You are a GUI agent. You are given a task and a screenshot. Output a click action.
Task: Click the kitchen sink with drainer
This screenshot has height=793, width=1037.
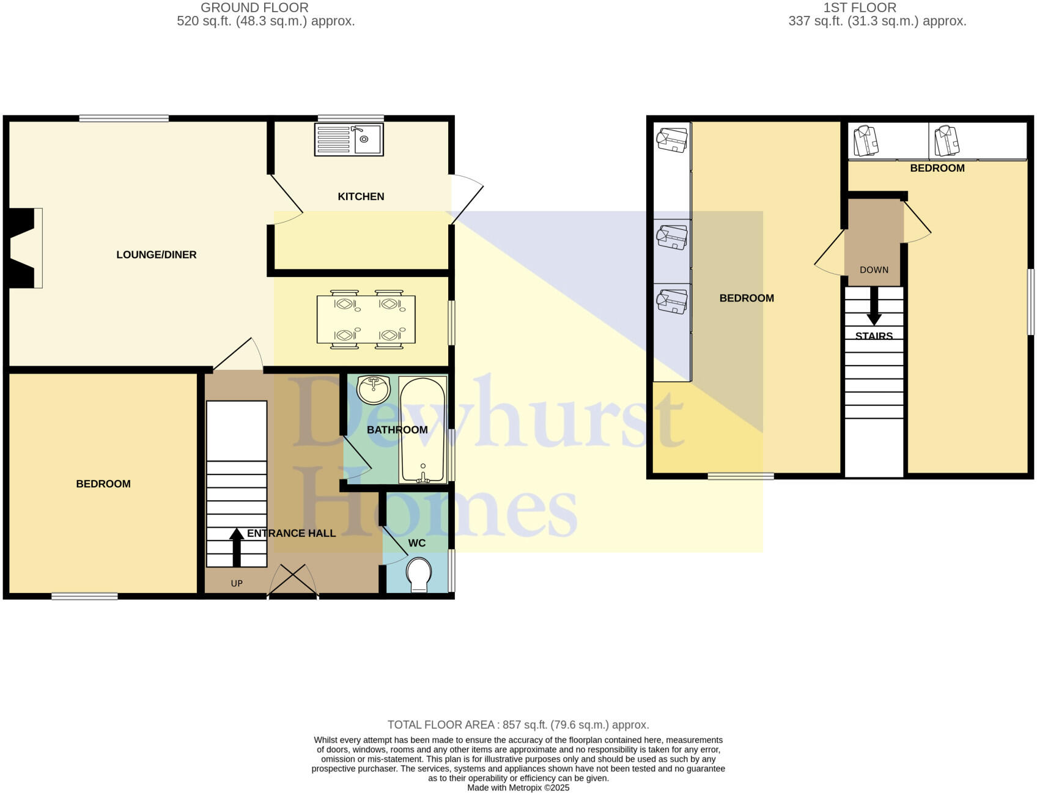(349, 139)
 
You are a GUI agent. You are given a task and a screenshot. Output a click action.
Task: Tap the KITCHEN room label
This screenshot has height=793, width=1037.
(361, 196)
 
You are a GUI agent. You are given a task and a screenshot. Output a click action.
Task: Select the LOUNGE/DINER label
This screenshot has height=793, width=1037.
(157, 254)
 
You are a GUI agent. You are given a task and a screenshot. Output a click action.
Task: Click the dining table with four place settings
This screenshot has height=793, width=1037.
(366, 319)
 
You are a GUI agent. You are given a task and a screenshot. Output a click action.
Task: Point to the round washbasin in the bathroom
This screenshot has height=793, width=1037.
(373, 389)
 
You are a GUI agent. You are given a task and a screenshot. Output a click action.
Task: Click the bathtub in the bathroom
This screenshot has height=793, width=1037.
(423, 429)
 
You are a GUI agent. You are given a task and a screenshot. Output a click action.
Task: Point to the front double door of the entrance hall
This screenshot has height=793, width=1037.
(293, 581)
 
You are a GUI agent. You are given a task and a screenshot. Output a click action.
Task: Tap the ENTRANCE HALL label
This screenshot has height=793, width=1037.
(292, 533)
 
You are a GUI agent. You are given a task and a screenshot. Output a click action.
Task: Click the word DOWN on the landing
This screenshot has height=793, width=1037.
(874, 270)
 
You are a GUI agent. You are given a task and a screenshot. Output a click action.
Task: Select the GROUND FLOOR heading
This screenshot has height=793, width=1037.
(254, 8)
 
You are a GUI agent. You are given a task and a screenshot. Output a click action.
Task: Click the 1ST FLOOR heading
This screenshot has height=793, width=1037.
(860, 8)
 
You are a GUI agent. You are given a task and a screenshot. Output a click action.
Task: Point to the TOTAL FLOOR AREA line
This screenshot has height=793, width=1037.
(518, 725)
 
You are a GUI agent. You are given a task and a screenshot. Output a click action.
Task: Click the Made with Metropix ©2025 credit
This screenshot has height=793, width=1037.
(518, 787)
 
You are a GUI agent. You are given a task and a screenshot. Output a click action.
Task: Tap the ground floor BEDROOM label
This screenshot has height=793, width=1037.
(103, 484)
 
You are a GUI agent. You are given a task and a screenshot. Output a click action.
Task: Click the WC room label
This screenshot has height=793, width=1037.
(417, 543)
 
